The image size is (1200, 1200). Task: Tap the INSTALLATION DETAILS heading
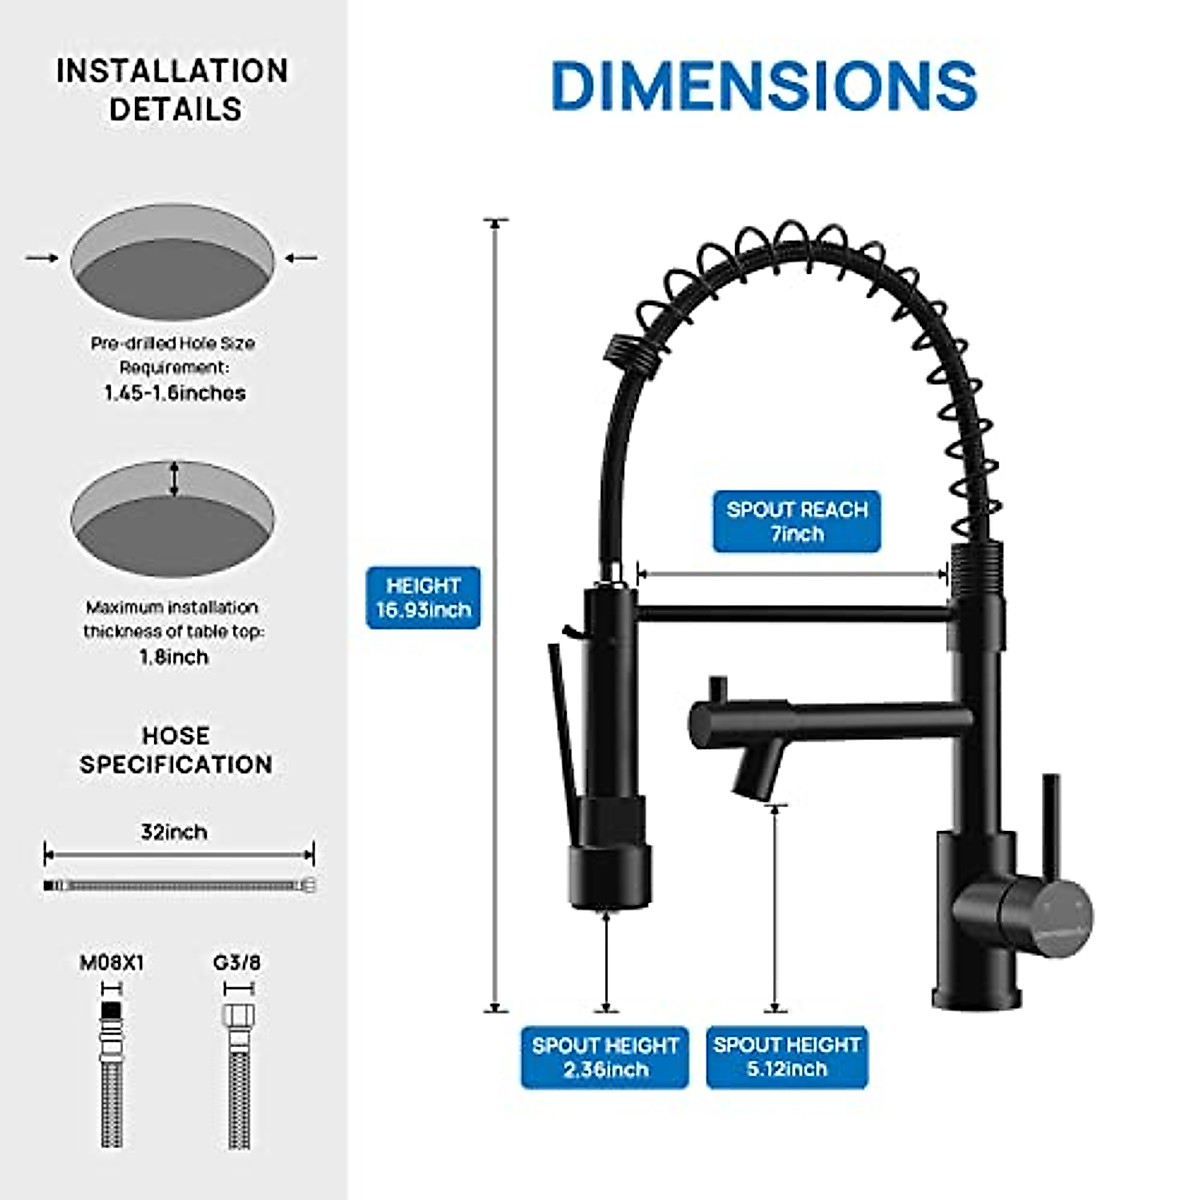coord(173,90)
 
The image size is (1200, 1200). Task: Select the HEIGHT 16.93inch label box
coord(423,598)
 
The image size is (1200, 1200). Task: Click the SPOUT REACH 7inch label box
coord(797,521)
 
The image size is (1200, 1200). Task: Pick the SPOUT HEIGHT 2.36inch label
coord(605,1057)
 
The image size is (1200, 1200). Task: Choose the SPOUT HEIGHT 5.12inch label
coord(787,1057)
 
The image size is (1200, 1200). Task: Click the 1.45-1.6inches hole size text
coord(174,393)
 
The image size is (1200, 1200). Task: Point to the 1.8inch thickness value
coord(174,657)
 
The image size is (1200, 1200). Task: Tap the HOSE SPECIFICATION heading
coord(176,750)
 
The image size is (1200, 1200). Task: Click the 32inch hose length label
coord(174,832)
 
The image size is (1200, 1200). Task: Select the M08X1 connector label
coord(112,963)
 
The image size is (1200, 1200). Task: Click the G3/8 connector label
coord(237,963)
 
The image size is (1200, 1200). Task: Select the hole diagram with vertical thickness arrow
coord(172,519)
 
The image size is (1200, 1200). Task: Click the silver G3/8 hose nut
coord(238,1016)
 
